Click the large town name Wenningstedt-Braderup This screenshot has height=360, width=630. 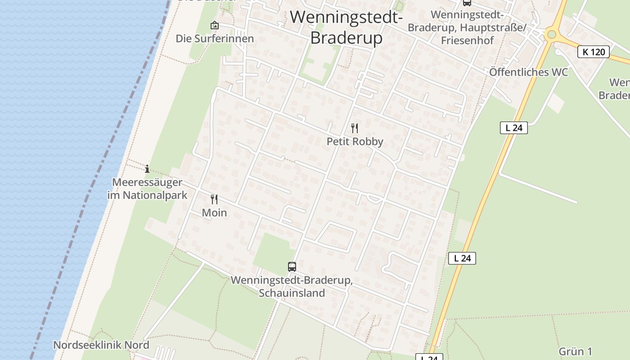pyautogui.click(x=346, y=27)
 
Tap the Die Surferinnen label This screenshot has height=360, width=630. pyautogui.click(x=215, y=39)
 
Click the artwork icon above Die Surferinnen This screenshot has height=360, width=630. pyautogui.click(x=215, y=25)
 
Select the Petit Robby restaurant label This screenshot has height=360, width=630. pyautogui.click(x=355, y=142)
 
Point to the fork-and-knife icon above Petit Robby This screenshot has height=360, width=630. pyautogui.click(x=355, y=128)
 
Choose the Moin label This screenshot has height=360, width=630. pyautogui.click(x=214, y=213)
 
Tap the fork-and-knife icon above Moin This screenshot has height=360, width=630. pyautogui.click(x=214, y=199)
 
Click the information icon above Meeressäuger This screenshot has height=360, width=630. pyautogui.click(x=147, y=169)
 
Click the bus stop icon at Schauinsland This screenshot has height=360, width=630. pyautogui.click(x=292, y=267)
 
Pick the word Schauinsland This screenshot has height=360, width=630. pyautogui.click(x=292, y=293)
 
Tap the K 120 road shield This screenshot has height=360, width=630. pyautogui.click(x=594, y=52)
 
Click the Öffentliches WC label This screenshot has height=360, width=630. pyautogui.click(x=528, y=72)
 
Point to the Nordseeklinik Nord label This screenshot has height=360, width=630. pyautogui.click(x=101, y=345)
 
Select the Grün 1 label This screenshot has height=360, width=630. pyautogui.click(x=575, y=351)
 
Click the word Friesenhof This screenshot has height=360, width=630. pyautogui.click(x=467, y=40)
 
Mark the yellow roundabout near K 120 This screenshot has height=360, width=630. pyautogui.click(x=551, y=34)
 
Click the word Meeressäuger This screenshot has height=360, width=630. pyautogui.click(x=147, y=183)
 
